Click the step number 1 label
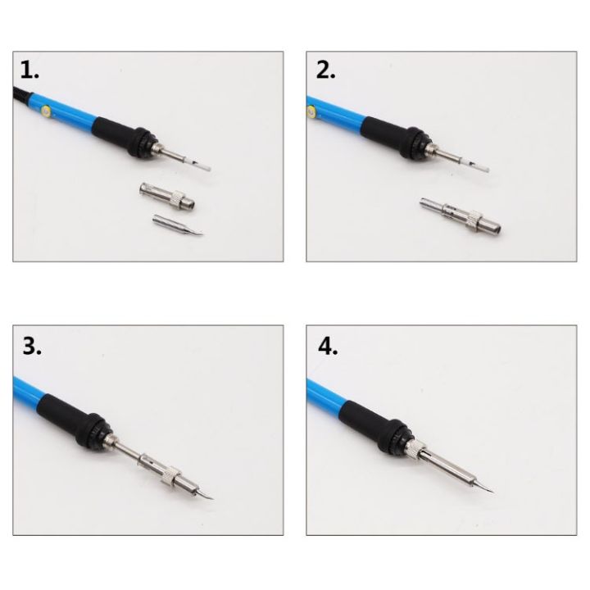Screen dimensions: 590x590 point(29,70)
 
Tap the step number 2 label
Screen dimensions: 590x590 point(325,70)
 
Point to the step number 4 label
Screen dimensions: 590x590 point(327,346)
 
